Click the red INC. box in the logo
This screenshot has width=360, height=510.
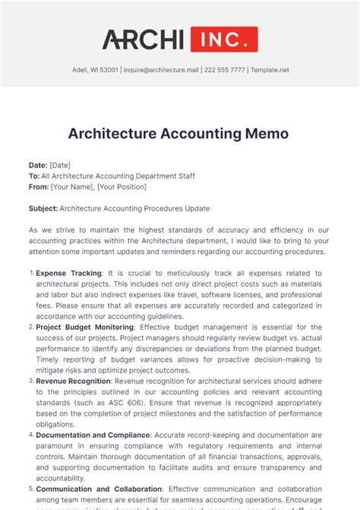pos(224,39)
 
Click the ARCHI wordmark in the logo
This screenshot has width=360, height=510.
pos(143,39)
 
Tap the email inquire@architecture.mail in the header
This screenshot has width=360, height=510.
pos(160,70)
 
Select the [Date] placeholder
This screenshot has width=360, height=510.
pos(60,165)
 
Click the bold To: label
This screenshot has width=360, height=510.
pos(34,176)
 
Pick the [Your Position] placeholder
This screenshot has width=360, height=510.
pos(121,187)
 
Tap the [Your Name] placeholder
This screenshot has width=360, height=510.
pos(71,187)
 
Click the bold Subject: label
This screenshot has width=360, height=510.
pos(43,208)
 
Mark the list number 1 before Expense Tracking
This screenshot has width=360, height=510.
pos(30,273)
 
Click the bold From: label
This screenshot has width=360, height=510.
pos(39,187)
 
